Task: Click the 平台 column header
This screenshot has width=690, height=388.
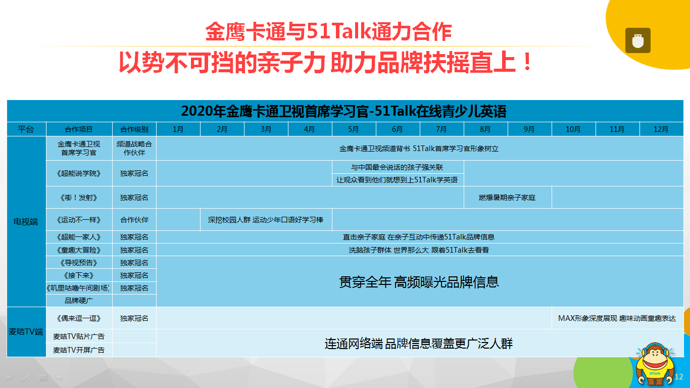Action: [26, 129]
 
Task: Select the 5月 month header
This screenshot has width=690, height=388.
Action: [353, 129]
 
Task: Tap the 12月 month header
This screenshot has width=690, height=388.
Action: [661, 129]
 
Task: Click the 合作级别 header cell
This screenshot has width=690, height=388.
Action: [134, 129]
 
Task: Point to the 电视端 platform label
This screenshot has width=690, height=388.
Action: [26, 222]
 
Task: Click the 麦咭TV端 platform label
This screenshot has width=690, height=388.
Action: [26, 331]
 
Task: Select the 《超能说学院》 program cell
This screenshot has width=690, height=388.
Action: [79, 173]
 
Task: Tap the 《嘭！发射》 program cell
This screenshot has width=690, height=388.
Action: [79, 198]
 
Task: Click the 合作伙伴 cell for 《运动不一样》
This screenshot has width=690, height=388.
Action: [134, 220]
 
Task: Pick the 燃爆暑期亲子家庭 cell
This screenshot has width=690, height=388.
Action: [507, 198]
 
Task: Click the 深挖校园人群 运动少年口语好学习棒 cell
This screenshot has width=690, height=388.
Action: [266, 220]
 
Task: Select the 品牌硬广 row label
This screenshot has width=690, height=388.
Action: [79, 301]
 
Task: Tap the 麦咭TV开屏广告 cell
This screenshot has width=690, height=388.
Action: [79, 350]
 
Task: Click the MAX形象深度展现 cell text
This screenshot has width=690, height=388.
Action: [617, 318]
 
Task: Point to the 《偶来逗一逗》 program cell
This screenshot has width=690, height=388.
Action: [79, 318]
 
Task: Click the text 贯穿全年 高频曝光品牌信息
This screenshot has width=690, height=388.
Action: [419, 282]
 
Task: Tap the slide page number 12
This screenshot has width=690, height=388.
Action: [679, 376]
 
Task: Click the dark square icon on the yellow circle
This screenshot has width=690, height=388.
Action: [638, 40]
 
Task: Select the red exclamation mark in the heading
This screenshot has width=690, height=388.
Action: [528, 62]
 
